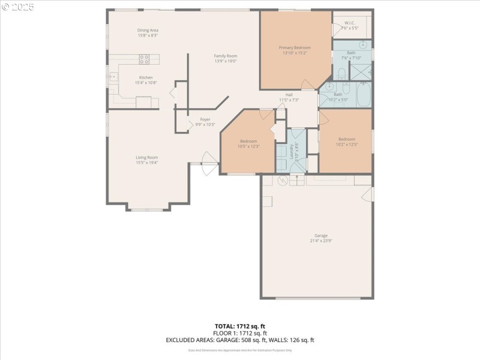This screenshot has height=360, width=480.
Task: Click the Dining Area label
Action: [x=148, y=30]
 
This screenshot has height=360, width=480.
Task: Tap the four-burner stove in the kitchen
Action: [x=145, y=59]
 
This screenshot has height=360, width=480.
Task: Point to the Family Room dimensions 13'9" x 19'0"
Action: [x=226, y=61]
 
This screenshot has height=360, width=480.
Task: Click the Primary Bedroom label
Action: [x=294, y=47]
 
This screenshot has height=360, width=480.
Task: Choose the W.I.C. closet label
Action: [x=350, y=23]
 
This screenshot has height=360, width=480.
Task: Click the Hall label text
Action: [x=289, y=95]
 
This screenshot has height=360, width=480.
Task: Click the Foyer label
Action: [x=205, y=119]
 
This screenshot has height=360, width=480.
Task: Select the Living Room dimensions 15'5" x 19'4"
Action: [x=146, y=163]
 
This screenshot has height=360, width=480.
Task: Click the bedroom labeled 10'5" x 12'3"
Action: [x=248, y=146]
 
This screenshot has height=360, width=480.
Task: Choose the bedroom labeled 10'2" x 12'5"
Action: [x=347, y=144]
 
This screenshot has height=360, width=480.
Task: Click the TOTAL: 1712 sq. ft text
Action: [x=240, y=326]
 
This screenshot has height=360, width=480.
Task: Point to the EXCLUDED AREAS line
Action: [x=240, y=340]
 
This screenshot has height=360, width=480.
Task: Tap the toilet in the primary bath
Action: [x=341, y=74]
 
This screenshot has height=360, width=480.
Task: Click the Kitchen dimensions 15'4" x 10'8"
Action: [x=146, y=83]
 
